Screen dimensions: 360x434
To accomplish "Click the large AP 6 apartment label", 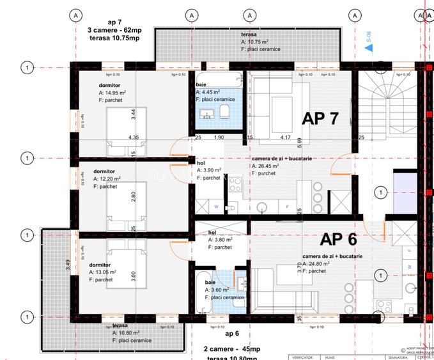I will tap(338, 239).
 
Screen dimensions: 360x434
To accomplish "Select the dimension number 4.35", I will tap(134, 137).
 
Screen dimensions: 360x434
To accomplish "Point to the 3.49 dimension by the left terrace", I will tap(69, 264).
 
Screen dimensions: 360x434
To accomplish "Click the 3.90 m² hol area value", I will tap(212, 171).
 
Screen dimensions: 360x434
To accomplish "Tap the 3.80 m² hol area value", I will tap(222, 240).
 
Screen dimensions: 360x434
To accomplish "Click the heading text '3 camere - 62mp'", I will tap(116, 29).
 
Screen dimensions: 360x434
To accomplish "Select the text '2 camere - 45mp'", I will tap(232, 349).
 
